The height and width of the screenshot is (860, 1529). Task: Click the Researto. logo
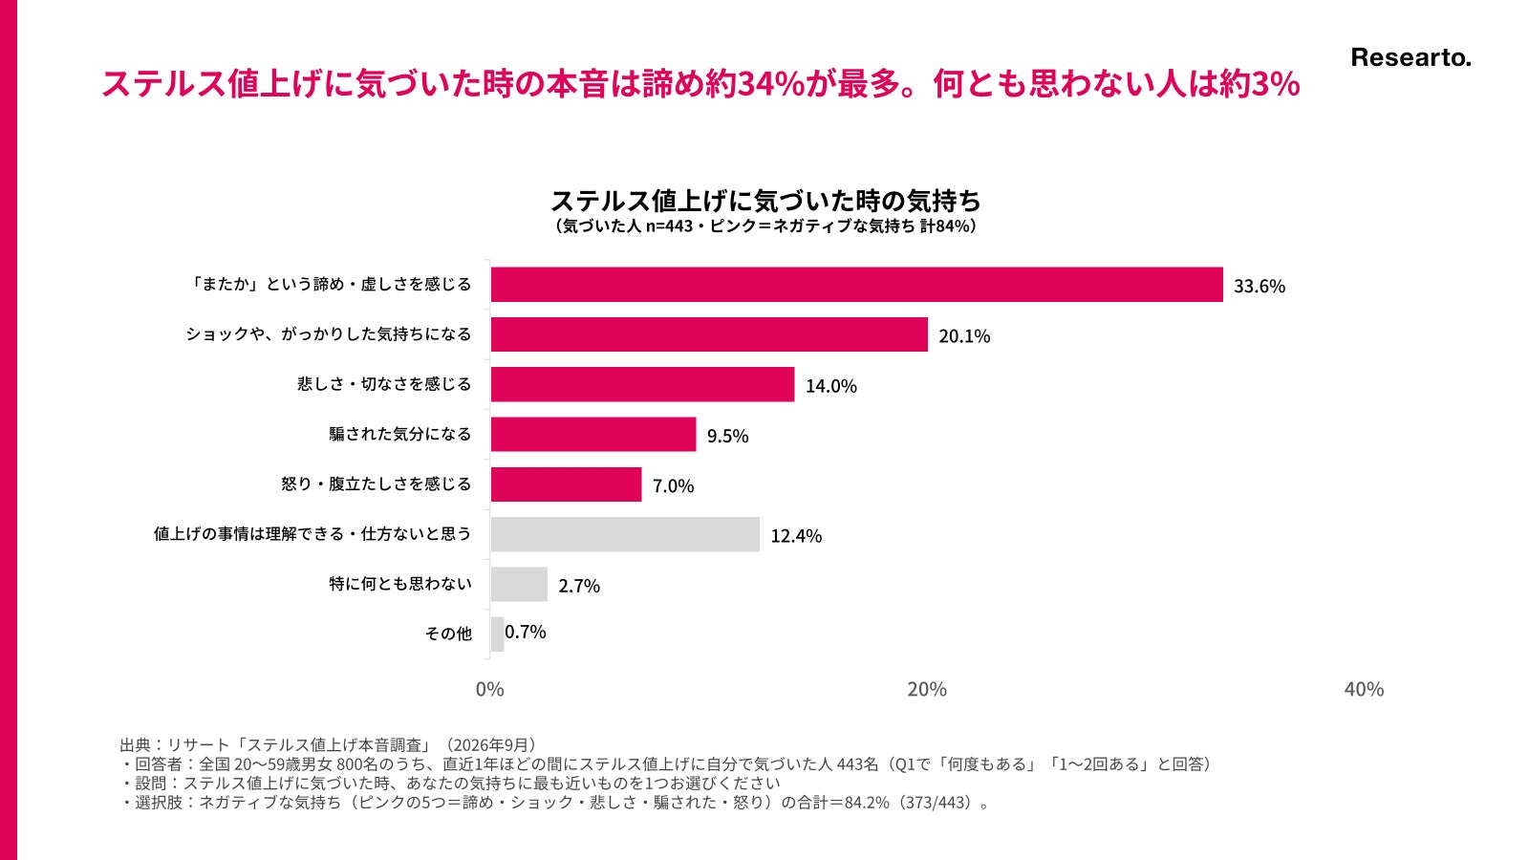[x=1411, y=58]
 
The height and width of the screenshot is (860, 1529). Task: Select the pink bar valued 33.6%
[x=856, y=285]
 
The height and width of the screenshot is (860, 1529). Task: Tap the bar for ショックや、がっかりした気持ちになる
[x=709, y=334]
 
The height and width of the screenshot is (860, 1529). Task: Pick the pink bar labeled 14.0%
[x=642, y=384]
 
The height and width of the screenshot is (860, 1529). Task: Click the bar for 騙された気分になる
[x=593, y=434]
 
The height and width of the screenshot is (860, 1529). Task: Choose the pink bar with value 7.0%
[x=566, y=484]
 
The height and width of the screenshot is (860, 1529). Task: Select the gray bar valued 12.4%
[x=625, y=534]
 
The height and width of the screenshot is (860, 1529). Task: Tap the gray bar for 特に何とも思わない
[x=519, y=584]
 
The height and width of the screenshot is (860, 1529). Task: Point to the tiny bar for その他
[x=497, y=634]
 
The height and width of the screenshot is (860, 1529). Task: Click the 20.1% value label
[x=964, y=335]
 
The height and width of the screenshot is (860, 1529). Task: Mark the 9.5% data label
[x=727, y=436]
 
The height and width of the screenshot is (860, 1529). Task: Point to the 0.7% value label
[x=525, y=632]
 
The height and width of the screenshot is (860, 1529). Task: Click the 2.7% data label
[x=579, y=586]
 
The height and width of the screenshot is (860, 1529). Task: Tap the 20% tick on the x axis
[x=927, y=689]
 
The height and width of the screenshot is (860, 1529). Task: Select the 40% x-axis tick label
[x=1364, y=689]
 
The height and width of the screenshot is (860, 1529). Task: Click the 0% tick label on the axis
[x=489, y=689]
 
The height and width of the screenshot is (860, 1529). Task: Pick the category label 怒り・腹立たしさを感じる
[x=377, y=484]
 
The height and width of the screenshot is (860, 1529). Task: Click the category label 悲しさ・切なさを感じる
[x=384, y=384]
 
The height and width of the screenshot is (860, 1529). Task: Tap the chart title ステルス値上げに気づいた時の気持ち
[x=765, y=201]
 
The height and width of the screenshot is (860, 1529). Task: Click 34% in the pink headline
[x=771, y=85]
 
